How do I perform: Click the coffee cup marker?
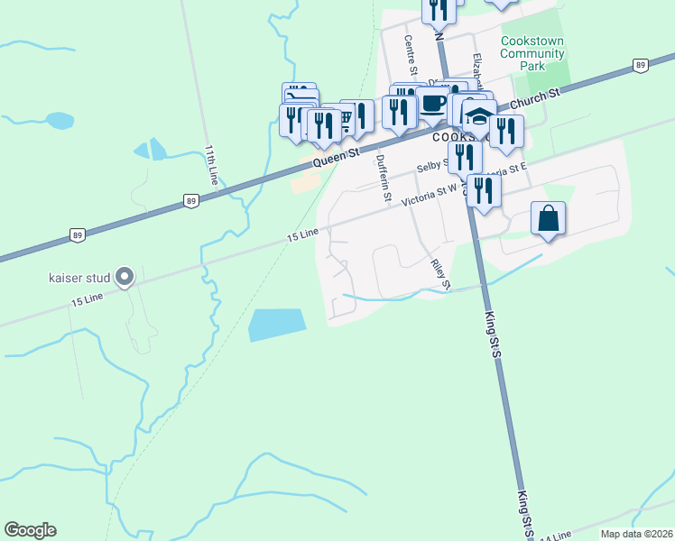[433, 105]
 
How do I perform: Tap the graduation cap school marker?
[479, 118]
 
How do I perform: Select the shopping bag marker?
[548, 219]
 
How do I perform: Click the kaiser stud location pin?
[125, 277]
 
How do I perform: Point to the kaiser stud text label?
[79, 277]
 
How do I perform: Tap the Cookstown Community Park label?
[532, 53]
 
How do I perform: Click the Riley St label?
[439, 272]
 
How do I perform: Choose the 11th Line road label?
[211, 164]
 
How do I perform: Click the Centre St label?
[411, 56]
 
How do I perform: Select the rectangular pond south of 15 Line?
[276, 325]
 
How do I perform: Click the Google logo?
[30, 530]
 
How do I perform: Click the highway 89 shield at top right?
[639, 65]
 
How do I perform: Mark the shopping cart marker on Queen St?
[343, 124]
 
